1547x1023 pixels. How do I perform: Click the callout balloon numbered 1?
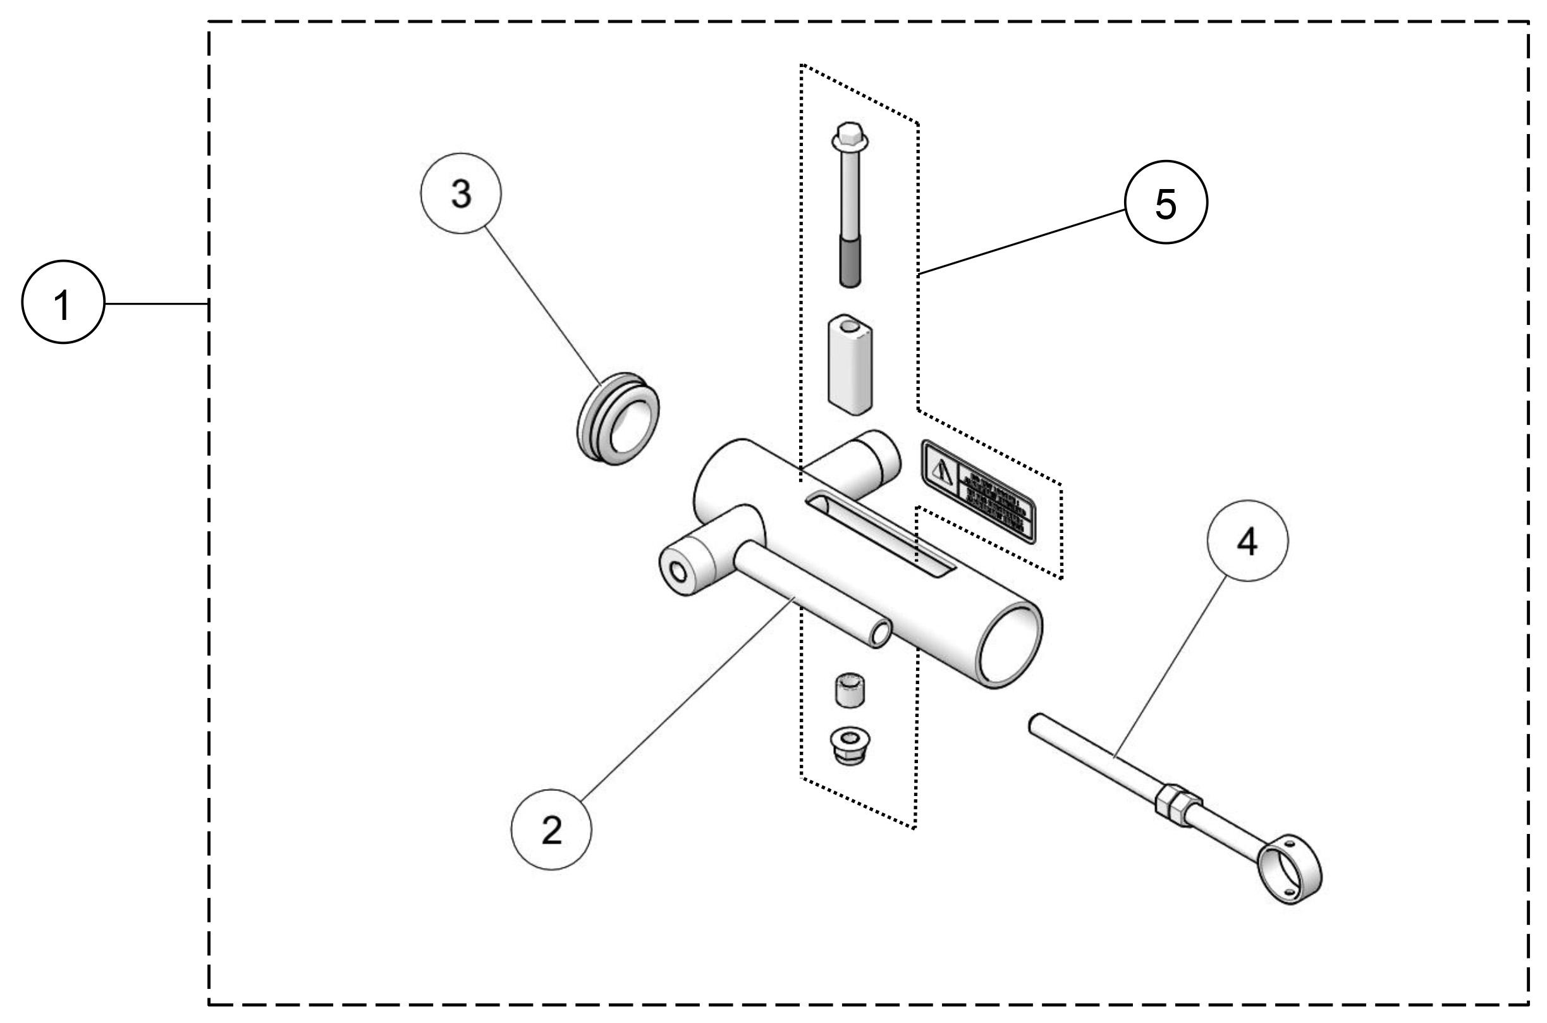63,303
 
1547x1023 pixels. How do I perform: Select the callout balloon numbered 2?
551,830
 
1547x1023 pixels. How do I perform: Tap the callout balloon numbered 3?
461,193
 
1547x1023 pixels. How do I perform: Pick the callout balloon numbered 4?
1247,541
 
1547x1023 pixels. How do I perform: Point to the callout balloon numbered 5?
1166,204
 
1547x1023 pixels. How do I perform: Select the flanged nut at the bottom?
850,748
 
